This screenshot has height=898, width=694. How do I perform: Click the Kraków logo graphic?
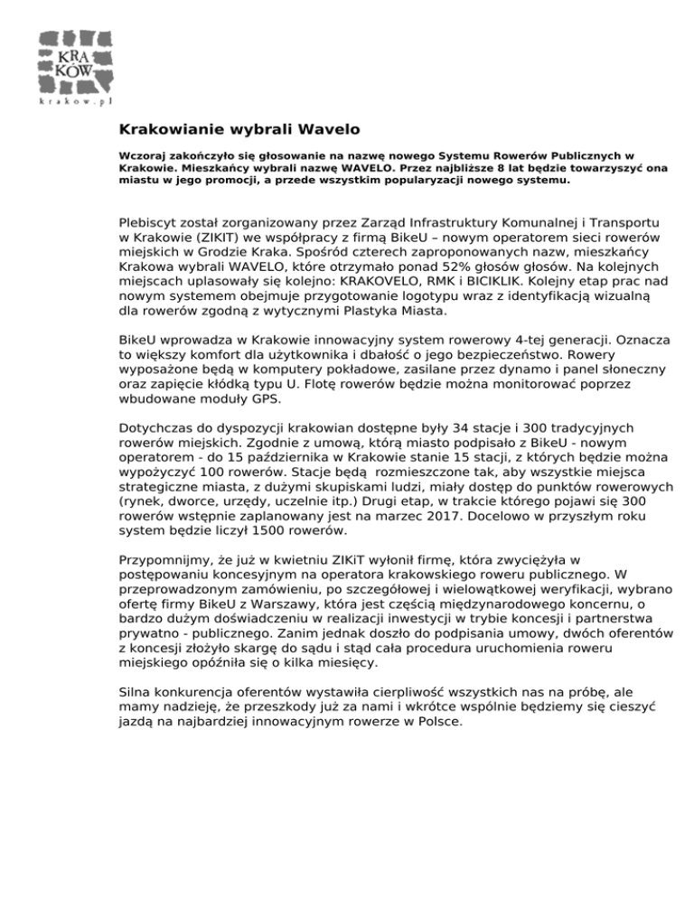coord(75,58)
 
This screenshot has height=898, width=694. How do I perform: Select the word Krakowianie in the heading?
coord(166,129)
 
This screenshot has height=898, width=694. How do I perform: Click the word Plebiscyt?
coord(151,222)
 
